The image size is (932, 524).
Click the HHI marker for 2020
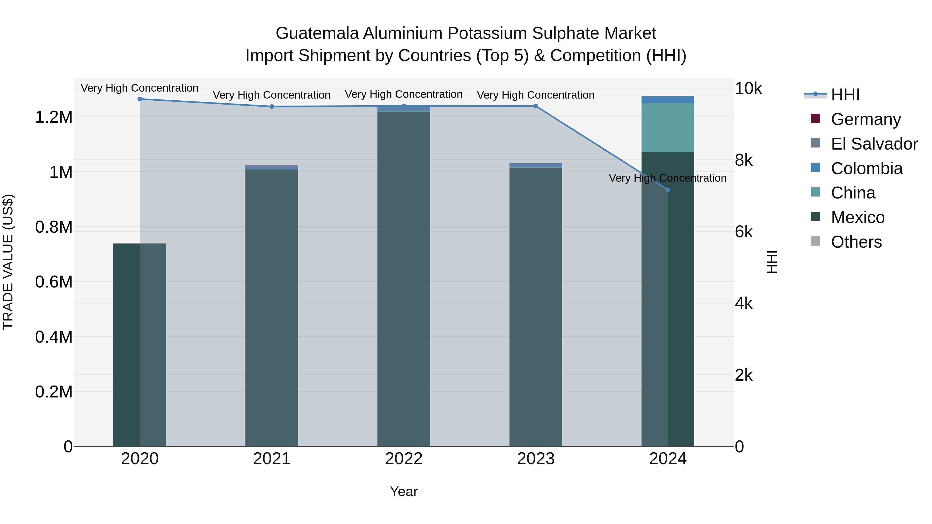(x=140, y=99)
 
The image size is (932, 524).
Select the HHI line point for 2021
(x=272, y=106)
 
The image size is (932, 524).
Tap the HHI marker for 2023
(x=536, y=106)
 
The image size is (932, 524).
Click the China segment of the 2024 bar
(x=668, y=127)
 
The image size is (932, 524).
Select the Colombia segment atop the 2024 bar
(x=668, y=99)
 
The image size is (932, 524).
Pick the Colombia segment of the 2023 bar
(x=536, y=166)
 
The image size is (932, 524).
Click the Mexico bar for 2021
(x=272, y=307)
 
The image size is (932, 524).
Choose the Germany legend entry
(x=865, y=119)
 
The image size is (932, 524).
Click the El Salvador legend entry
(x=874, y=144)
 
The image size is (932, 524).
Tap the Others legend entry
(x=856, y=242)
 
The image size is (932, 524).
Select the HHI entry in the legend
(x=845, y=95)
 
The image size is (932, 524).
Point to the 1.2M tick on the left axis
(x=54, y=117)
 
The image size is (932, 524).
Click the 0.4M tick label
(x=54, y=337)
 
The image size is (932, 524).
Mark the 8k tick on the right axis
(x=744, y=160)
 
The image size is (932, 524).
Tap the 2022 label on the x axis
(x=404, y=459)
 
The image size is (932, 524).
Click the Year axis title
(x=404, y=491)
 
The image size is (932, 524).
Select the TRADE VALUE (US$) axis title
(x=8, y=262)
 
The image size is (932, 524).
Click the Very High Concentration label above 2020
(x=140, y=88)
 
